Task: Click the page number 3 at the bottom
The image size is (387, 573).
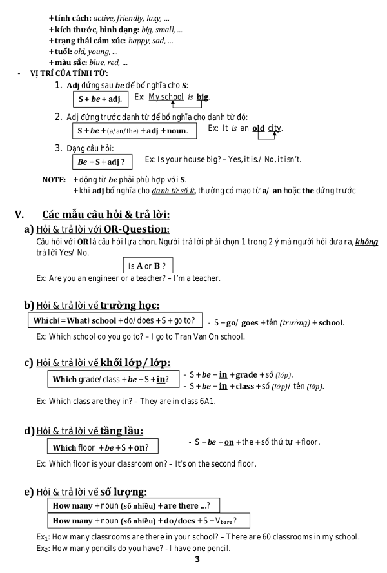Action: pyautogui.click(x=197, y=559)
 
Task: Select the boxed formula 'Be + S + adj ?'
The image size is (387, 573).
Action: pyautogui.click(x=101, y=161)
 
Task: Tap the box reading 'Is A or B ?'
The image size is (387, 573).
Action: pyautogui.click(x=148, y=266)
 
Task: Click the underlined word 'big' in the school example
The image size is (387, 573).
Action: pyautogui.click(x=203, y=97)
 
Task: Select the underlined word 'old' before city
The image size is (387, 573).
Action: pyautogui.click(x=258, y=128)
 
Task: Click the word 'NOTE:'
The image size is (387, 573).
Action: pyautogui.click(x=54, y=179)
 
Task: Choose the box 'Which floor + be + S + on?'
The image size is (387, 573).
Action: pyautogui.click(x=102, y=447)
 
